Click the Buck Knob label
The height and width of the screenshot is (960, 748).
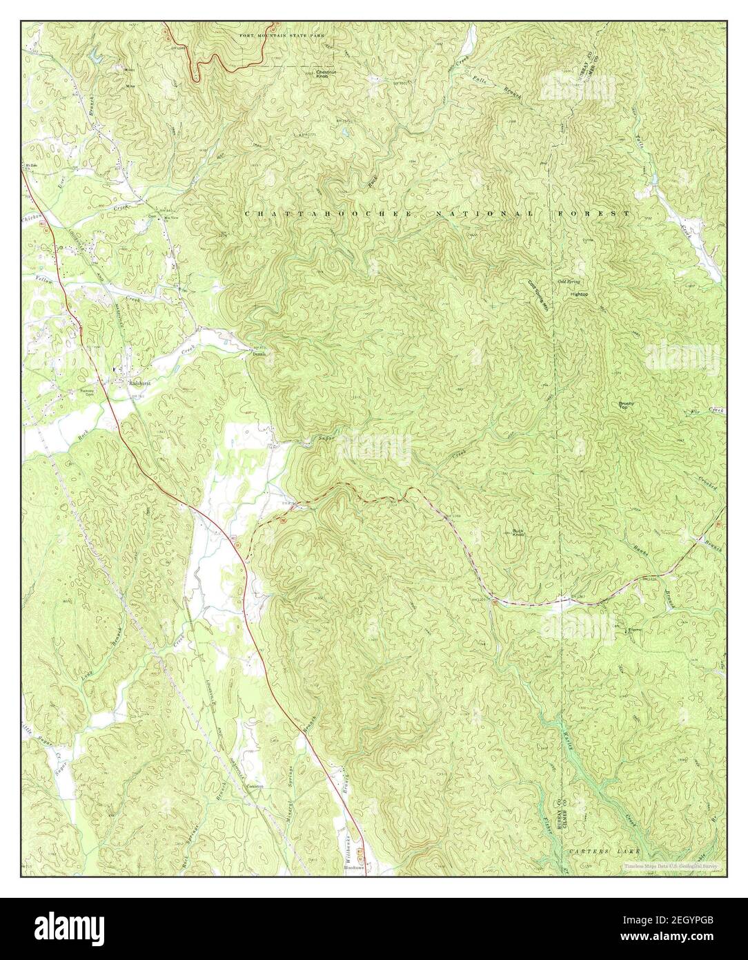pyautogui.click(x=520, y=532)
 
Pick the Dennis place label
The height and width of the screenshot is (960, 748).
pyautogui.click(x=257, y=354)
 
